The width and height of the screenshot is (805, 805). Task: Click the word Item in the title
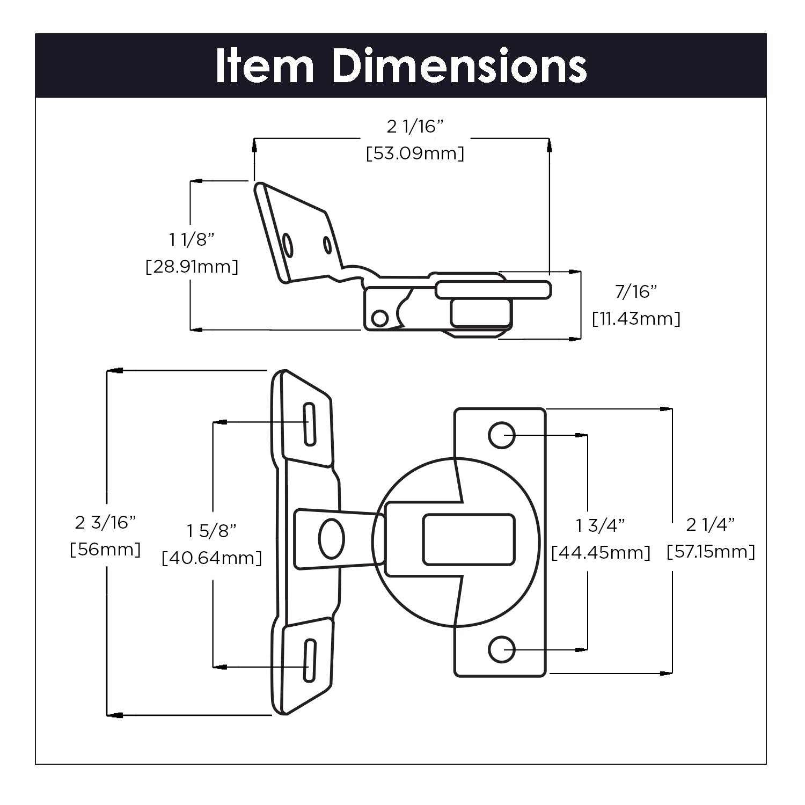[x=264, y=66]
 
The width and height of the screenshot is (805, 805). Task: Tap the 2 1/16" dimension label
[x=415, y=127]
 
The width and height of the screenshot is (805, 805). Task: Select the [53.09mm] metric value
[x=415, y=154]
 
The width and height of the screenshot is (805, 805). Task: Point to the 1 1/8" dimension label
[x=192, y=239]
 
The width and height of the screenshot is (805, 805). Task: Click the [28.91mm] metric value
[x=192, y=267]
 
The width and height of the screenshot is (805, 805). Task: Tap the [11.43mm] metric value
[x=636, y=319]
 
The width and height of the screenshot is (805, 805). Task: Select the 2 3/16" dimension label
[x=105, y=522]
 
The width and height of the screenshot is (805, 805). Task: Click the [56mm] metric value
[x=105, y=550]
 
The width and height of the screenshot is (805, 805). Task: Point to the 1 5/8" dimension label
[x=211, y=531]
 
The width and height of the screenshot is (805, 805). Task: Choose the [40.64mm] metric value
[x=211, y=558]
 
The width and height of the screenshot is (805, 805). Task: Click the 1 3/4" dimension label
[x=601, y=525]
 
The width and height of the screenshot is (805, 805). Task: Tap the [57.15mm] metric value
[x=711, y=552]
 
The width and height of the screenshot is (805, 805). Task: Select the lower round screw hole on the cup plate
[x=502, y=649]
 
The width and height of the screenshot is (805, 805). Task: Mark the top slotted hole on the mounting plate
[x=309, y=424]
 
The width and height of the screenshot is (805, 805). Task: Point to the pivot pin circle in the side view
[x=380, y=318]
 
